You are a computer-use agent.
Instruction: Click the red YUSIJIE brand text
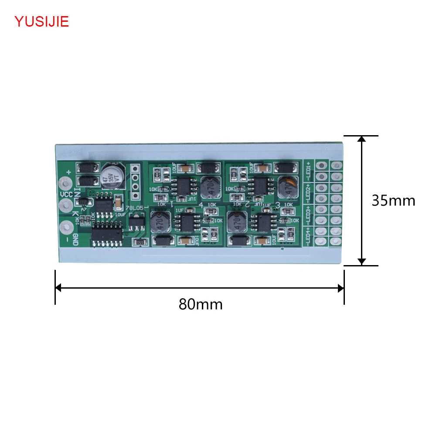(x=42, y=21)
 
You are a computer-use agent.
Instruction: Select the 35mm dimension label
(x=393, y=200)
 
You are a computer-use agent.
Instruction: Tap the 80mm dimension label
(x=201, y=304)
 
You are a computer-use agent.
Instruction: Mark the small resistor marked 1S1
(x=140, y=242)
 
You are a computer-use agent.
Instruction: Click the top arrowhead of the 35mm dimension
(x=361, y=139)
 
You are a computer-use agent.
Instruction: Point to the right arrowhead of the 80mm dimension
(x=341, y=288)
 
